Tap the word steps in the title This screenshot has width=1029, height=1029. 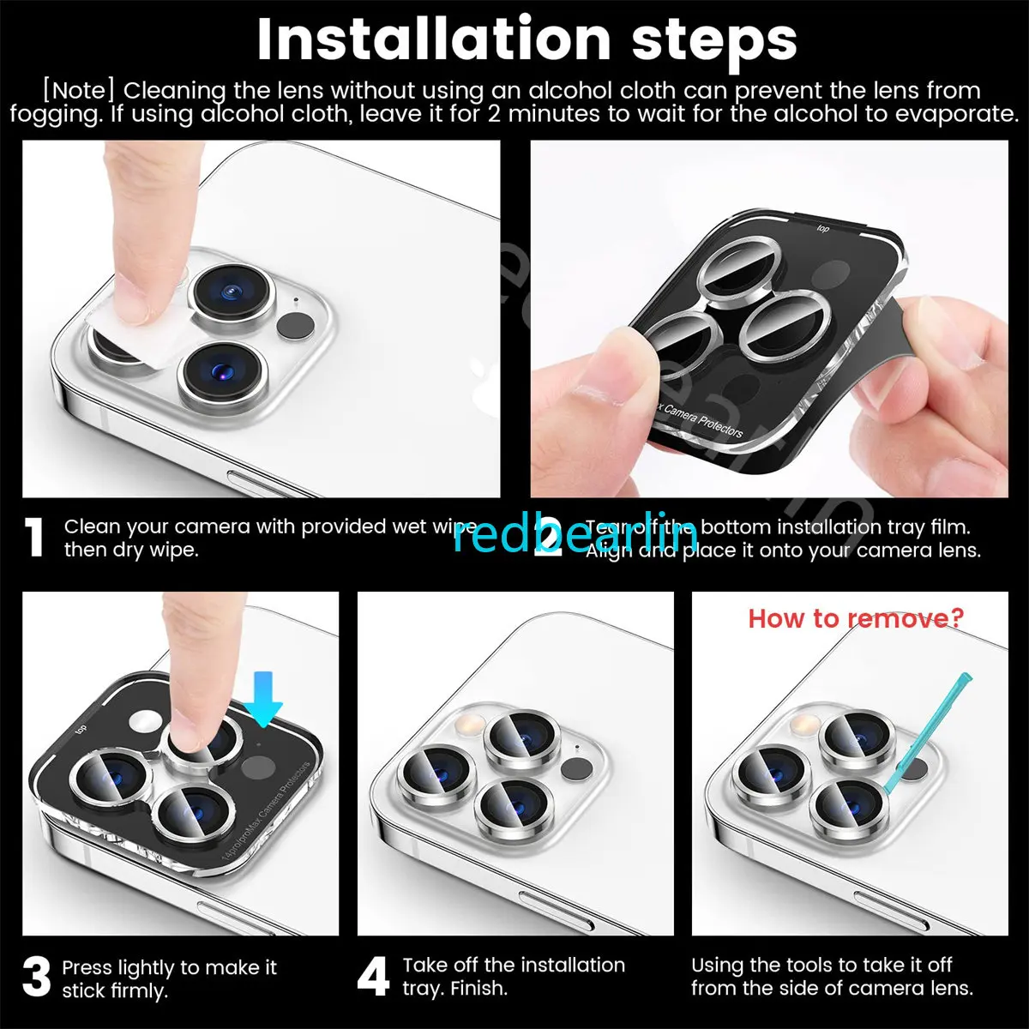pos(714,40)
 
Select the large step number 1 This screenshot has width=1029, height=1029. pos(34,538)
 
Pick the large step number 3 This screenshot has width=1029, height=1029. pos(36,978)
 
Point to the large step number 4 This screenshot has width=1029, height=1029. pos(373,977)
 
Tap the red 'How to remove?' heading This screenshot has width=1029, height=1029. pos(856,617)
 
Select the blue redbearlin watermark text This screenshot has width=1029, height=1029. pos(574,535)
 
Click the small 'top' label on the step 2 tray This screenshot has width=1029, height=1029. pos(822,228)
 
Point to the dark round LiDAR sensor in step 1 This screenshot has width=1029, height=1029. pos(296,327)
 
